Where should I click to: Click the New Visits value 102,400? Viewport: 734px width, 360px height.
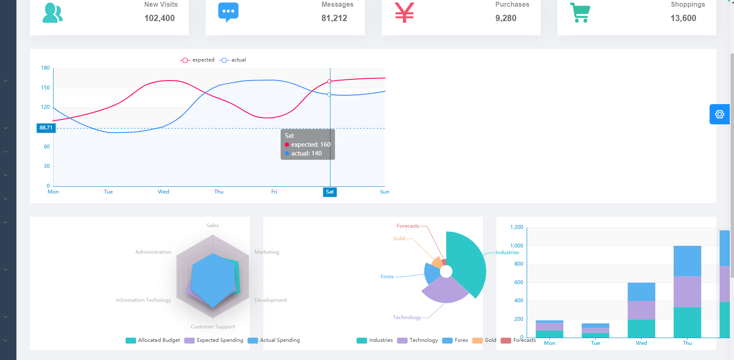(x=159, y=18)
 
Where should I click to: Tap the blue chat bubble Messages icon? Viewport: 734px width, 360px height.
(x=228, y=12)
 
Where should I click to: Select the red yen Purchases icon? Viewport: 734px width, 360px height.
(x=405, y=12)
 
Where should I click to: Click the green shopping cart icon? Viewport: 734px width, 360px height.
(x=580, y=12)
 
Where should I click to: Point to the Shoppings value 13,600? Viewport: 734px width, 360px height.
(x=683, y=18)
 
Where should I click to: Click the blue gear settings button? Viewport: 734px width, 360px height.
(x=719, y=114)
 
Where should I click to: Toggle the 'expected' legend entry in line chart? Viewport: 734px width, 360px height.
(x=197, y=60)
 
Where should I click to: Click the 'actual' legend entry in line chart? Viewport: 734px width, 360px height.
(x=233, y=60)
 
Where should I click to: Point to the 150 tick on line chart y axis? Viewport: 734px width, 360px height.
(x=45, y=88)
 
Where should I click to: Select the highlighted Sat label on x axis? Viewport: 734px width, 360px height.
(x=329, y=192)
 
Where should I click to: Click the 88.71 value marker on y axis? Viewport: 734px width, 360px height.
(x=46, y=128)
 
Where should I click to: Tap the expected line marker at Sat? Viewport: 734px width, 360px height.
(x=329, y=81)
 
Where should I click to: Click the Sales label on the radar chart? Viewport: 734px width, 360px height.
(x=213, y=226)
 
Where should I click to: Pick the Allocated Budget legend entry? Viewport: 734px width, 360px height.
(x=153, y=340)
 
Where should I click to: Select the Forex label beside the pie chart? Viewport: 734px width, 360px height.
(x=387, y=277)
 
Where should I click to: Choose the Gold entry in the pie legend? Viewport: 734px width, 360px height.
(x=485, y=340)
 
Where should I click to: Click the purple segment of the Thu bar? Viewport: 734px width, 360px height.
(x=687, y=292)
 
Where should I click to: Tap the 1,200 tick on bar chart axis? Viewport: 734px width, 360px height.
(x=517, y=227)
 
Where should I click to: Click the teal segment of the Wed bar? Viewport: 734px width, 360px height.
(x=641, y=328)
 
